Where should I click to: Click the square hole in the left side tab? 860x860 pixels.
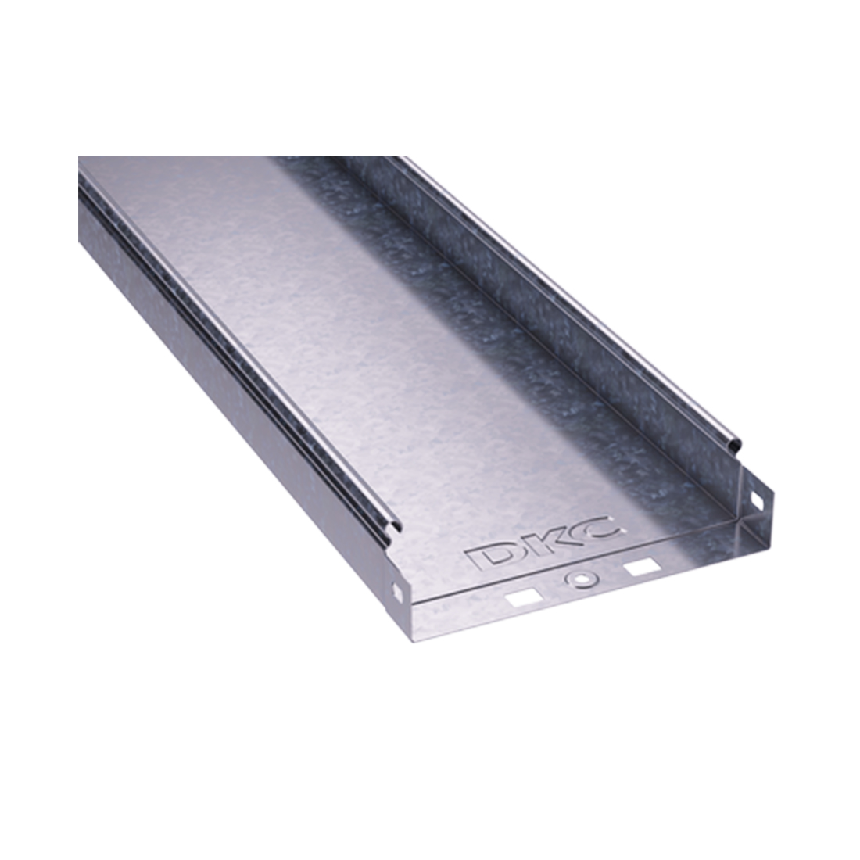400,587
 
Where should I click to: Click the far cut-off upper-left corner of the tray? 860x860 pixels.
79,157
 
